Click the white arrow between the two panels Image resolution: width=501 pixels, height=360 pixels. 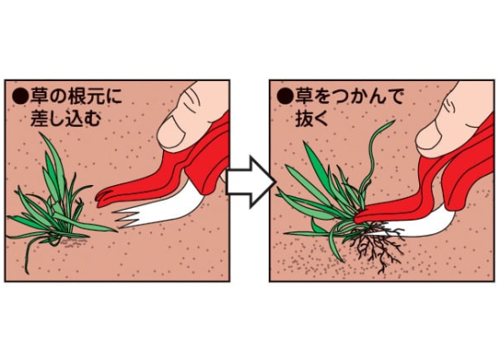250,182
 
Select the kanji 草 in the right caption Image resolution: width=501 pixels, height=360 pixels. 303,97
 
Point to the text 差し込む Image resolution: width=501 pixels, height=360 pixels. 66,118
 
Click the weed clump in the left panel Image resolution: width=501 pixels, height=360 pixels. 56,205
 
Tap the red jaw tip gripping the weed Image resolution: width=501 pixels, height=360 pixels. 360,218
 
